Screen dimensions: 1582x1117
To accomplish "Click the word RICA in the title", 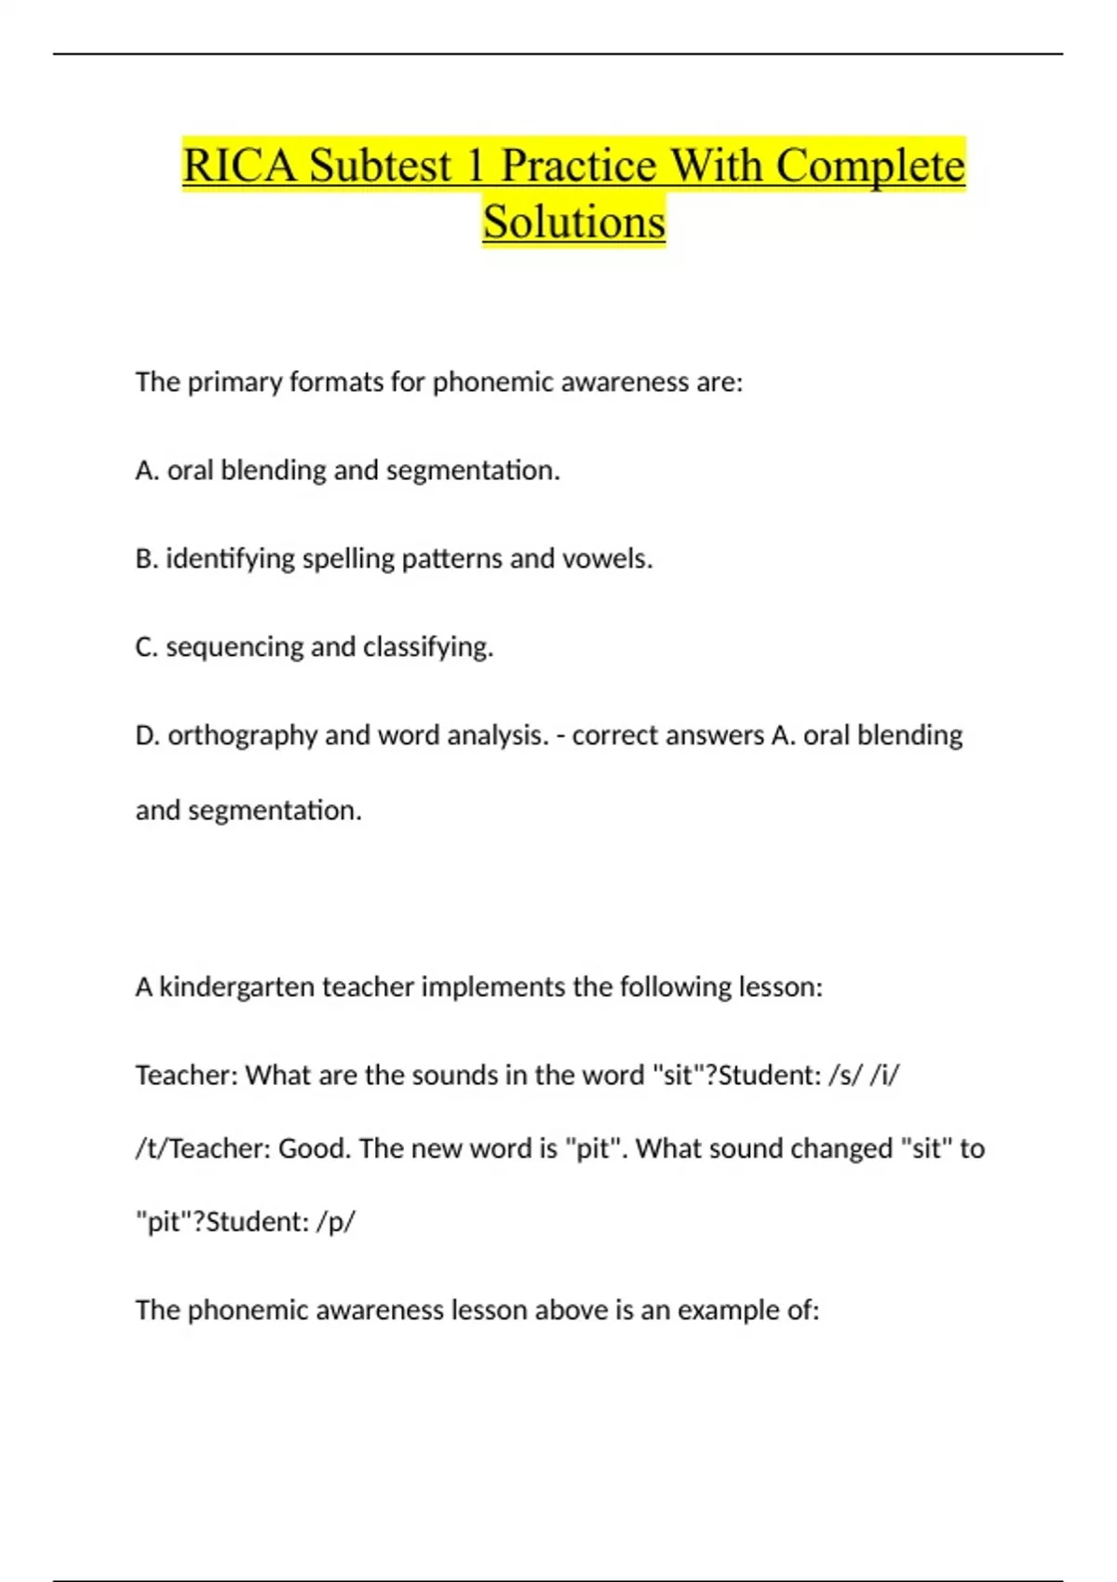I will [x=240, y=166].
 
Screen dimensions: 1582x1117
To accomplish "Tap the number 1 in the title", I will [x=475, y=166].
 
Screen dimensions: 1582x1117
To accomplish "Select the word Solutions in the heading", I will [x=573, y=222].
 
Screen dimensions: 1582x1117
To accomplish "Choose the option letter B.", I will [x=145, y=559].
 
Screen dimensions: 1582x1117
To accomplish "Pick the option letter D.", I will [x=146, y=736].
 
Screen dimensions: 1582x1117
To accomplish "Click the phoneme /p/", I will [x=335, y=1222].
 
